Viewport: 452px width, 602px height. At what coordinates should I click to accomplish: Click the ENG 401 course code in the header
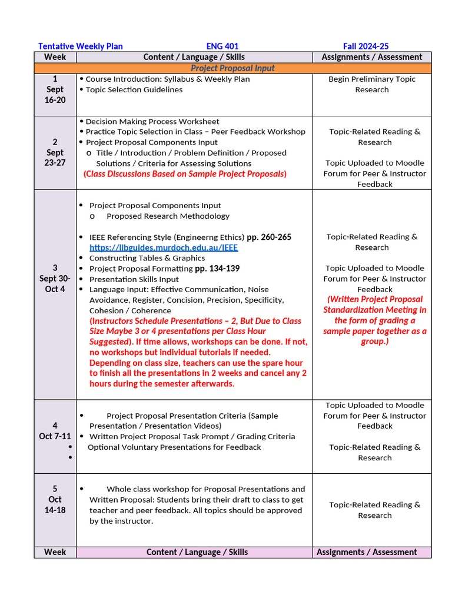coord(222,46)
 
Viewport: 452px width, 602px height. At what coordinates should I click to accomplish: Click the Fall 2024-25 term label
coord(365,46)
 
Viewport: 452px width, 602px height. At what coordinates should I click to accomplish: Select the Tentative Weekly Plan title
coord(80,46)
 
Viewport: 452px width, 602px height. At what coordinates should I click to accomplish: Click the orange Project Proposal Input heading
coord(232,68)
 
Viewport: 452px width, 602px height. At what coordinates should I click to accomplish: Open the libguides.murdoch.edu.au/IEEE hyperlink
coord(164,248)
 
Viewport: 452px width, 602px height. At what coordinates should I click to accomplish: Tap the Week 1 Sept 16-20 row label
coord(55,89)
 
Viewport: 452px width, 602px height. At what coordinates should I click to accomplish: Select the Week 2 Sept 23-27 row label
coord(55,152)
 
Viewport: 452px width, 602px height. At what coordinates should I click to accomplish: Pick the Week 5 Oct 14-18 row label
coord(55,499)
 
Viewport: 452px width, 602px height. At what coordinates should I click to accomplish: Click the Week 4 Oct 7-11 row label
coord(55,431)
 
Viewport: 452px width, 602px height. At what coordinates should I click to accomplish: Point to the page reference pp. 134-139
coord(217,269)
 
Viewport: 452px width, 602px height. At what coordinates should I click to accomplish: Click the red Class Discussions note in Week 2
coord(185,174)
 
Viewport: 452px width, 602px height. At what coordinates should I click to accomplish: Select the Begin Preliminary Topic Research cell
coord(371,84)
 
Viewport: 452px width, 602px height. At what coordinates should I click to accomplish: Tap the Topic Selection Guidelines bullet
coord(134,89)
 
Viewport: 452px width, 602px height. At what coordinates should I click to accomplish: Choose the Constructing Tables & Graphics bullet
coord(147,258)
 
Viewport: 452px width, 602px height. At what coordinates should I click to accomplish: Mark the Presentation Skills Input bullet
coord(134,279)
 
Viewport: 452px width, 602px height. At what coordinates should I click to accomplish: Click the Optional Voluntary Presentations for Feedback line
coord(174,447)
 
